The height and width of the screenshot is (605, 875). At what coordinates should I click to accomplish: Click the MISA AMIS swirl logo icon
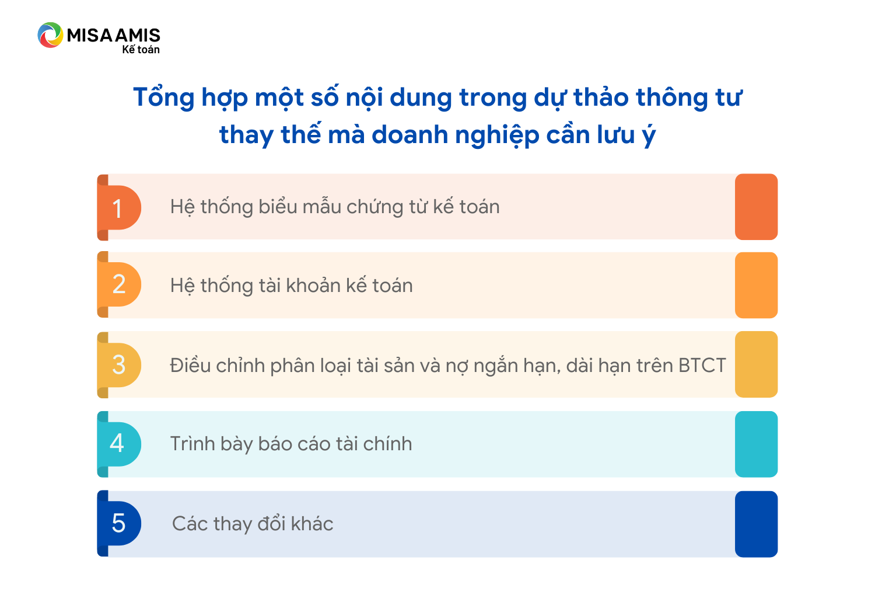point(50,35)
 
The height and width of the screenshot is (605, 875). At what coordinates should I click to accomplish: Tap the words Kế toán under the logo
point(141,50)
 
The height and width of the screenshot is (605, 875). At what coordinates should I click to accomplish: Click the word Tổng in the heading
point(164,98)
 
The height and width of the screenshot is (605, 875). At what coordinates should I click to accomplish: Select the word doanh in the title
point(409,135)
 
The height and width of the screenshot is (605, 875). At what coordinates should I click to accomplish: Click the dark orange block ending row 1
point(756,207)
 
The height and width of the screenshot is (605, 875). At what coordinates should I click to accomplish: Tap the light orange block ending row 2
point(756,285)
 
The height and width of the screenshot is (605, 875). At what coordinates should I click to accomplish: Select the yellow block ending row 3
point(756,364)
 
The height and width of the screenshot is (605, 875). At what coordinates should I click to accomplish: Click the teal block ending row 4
point(756,444)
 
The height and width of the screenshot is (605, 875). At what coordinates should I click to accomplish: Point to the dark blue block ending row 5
point(756,524)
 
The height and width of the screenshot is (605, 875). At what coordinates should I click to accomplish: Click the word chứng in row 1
point(374,207)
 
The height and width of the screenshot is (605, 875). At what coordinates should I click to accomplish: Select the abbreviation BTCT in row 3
point(702,366)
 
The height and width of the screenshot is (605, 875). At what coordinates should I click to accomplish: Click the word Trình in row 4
point(192,444)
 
